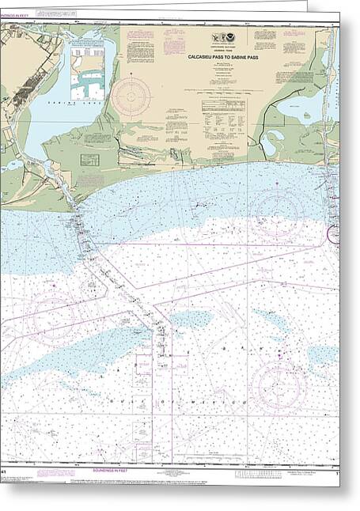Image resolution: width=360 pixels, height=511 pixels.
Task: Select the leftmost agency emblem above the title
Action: (x=216, y=38)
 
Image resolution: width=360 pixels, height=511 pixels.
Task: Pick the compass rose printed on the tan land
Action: (x=131, y=97)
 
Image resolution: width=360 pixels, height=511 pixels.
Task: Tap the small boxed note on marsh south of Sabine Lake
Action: (x=89, y=160)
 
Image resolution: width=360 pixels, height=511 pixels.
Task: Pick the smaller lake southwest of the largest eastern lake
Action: (x=273, y=142)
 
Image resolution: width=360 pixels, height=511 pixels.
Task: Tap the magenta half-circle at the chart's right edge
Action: (x=334, y=233)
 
